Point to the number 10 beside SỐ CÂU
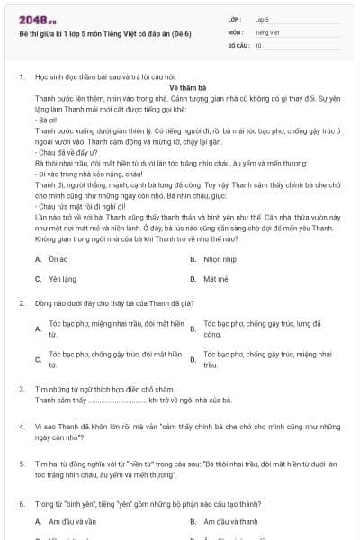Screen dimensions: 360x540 258,44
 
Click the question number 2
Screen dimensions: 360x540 22,303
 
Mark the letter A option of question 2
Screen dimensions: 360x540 39,328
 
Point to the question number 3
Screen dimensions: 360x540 22,387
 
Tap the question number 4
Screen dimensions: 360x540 22,424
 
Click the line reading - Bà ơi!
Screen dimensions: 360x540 45,119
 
